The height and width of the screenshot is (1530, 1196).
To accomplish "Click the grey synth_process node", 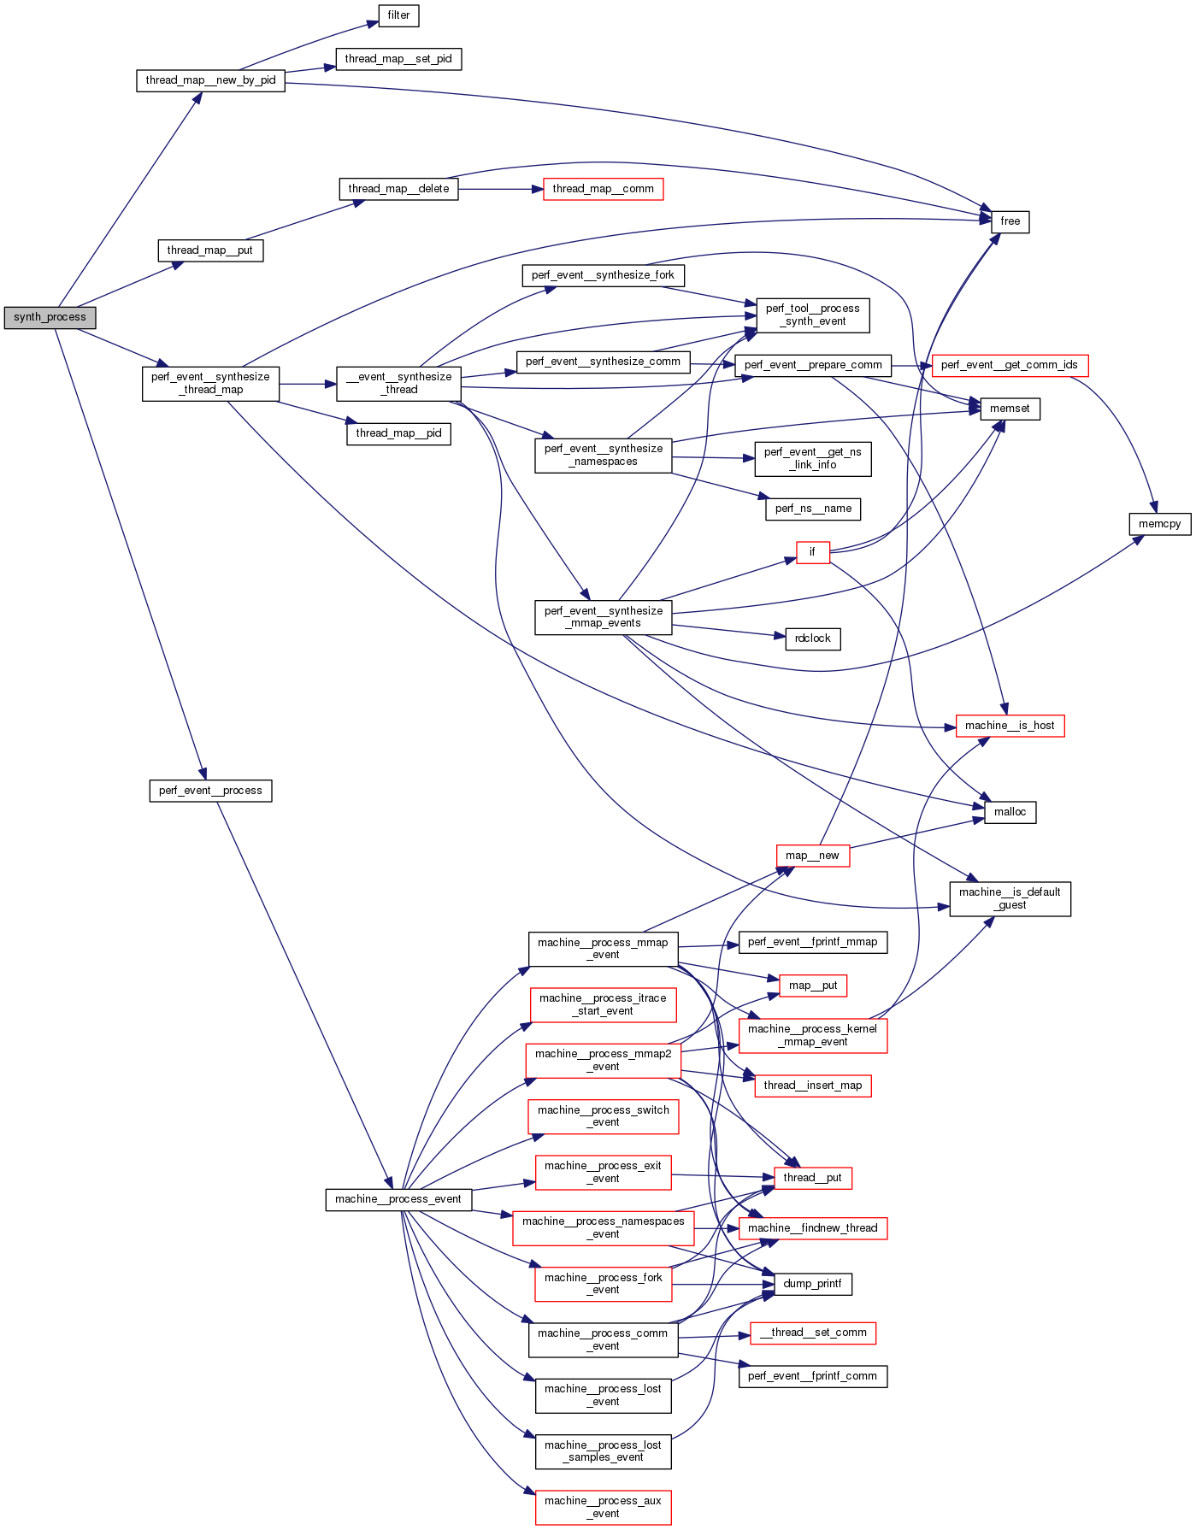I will (50, 317).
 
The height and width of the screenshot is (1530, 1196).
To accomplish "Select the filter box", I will (398, 15).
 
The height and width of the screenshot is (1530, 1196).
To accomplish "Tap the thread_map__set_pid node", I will (398, 59).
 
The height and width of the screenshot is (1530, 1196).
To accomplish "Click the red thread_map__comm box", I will (603, 189).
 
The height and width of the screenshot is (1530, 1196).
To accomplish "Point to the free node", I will (1010, 221).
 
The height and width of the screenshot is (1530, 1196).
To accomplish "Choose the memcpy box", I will (1159, 524).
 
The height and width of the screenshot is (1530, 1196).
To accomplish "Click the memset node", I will (1010, 409).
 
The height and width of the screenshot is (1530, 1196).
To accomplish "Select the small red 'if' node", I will (812, 552).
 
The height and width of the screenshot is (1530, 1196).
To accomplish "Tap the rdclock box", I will (812, 638).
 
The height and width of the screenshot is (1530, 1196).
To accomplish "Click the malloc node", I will (1010, 812).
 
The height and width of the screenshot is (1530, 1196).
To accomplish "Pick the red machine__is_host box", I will (1010, 726).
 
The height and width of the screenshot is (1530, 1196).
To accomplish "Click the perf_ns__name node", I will (812, 509).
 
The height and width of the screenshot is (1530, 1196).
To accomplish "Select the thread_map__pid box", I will (398, 433).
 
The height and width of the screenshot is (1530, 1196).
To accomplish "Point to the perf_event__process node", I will (210, 791).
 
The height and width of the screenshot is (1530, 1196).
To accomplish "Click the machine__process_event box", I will (398, 1199).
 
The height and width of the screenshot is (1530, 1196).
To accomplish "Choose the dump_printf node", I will (812, 1284).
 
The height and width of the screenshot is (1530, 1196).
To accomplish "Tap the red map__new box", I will (812, 856).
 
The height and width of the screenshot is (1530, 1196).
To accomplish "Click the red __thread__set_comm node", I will (812, 1333).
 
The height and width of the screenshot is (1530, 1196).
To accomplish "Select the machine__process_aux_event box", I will (603, 1507).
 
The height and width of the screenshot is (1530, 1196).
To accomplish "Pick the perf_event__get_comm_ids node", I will (1009, 365).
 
